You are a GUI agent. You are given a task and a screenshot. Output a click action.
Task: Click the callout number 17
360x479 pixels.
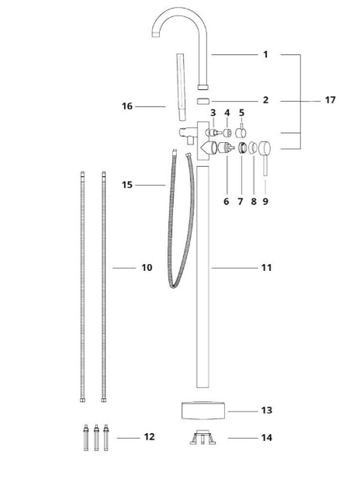330,100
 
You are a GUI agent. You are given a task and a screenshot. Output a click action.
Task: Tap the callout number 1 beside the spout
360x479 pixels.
265,54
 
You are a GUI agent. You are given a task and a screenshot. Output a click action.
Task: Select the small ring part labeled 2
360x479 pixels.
202,101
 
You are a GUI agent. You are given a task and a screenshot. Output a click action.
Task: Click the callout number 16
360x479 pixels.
127,106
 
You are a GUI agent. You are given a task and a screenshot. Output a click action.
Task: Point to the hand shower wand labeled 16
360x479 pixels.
181,87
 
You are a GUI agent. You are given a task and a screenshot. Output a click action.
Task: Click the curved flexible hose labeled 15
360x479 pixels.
181,220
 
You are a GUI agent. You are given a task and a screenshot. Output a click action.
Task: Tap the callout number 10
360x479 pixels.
147,268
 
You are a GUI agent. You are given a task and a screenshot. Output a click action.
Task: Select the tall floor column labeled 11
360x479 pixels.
202,277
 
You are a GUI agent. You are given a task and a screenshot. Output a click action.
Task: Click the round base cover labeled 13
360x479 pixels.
203,411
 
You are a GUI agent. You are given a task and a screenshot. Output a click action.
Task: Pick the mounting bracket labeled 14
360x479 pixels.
202,437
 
